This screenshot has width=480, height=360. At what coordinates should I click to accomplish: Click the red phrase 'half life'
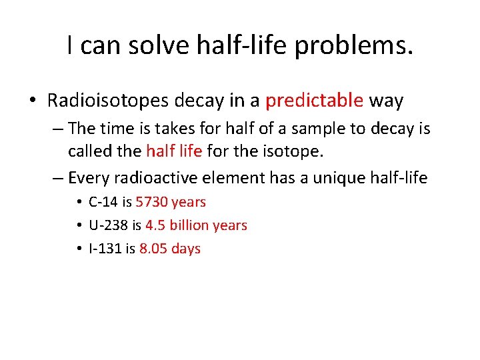(x=174, y=151)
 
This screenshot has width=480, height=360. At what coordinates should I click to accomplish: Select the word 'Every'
(x=89, y=177)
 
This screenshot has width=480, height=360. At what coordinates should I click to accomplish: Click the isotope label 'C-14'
(x=103, y=202)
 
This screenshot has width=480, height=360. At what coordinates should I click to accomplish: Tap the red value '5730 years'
(x=171, y=202)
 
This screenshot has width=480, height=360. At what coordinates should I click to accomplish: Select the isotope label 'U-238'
(x=107, y=225)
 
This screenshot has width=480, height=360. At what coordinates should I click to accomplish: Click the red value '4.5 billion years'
(x=196, y=225)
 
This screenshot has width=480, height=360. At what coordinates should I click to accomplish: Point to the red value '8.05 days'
(x=170, y=249)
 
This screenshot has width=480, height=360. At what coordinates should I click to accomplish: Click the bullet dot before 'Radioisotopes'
(x=33, y=101)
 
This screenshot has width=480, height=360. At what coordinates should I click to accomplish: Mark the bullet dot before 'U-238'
(x=79, y=226)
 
